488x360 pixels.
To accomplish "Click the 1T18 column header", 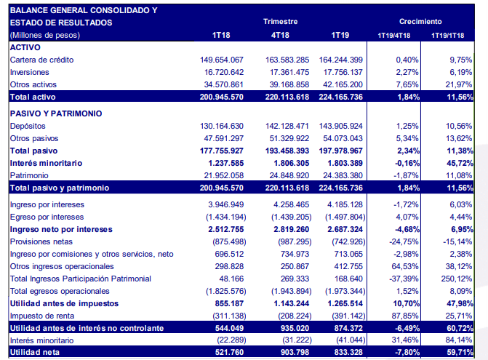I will [x=222, y=35].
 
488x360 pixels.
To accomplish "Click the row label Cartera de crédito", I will [x=42, y=59].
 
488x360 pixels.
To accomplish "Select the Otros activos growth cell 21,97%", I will [x=462, y=84].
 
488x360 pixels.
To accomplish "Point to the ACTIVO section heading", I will [x=25, y=47].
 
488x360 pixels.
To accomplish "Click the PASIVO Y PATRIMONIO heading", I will [x=56, y=113].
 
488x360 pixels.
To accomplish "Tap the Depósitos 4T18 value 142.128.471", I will [x=281, y=126].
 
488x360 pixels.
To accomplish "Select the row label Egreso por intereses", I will [x=47, y=217].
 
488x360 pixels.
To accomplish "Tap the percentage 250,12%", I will [x=460, y=279].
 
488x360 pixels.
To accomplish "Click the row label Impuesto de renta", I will [x=41, y=316].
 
